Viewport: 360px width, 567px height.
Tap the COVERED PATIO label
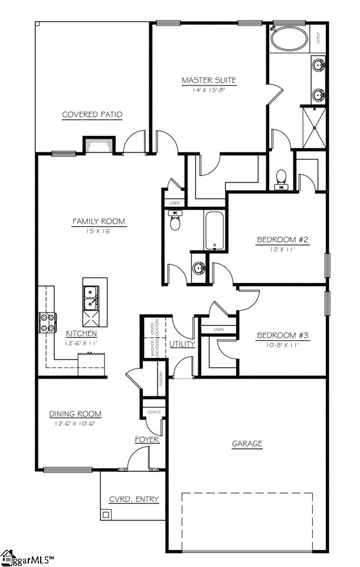click(x=93, y=115)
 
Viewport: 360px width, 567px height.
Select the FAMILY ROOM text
click(x=99, y=221)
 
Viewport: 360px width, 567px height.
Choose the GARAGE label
click(x=247, y=444)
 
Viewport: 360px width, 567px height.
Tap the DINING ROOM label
click(x=75, y=414)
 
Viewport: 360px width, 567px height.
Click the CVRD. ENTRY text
click(x=134, y=499)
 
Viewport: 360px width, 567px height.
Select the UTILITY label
click(x=182, y=344)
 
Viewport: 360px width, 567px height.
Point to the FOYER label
click(x=148, y=440)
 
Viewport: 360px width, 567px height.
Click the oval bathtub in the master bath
click(x=289, y=40)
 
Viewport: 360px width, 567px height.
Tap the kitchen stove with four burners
click(x=47, y=322)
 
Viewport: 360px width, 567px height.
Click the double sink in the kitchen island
click(x=91, y=297)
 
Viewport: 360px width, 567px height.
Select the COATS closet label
click(x=154, y=412)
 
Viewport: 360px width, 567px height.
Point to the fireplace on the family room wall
click(x=99, y=145)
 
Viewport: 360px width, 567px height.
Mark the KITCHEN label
click(x=81, y=333)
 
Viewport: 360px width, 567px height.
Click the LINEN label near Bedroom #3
click(x=218, y=330)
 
